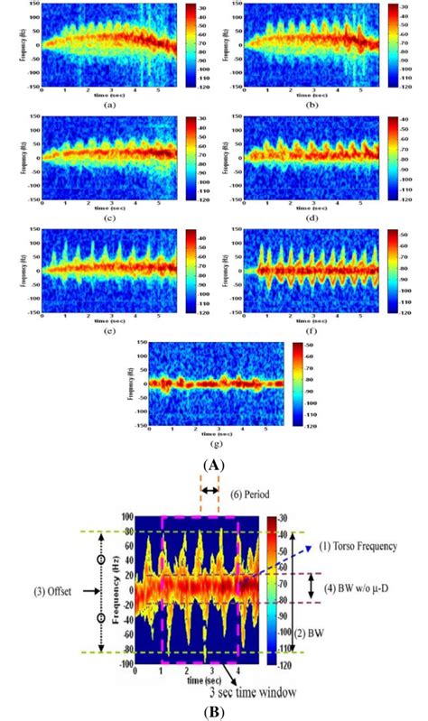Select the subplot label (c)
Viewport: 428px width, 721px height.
[x=108, y=216]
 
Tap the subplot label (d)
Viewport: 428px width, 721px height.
[x=312, y=216]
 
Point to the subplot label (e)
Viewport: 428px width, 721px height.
[x=108, y=328]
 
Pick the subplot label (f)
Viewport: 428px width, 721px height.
[x=312, y=328]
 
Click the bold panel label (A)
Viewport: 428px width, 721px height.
[x=214, y=465]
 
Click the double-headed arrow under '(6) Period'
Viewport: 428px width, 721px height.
[x=209, y=491]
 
